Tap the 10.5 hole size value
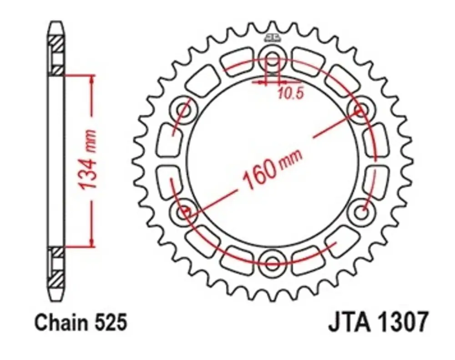[x=291, y=93]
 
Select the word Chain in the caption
[x=61, y=322]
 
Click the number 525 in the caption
[x=111, y=322]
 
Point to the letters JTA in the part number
[x=350, y=322]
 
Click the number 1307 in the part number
[x=402, y=322]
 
